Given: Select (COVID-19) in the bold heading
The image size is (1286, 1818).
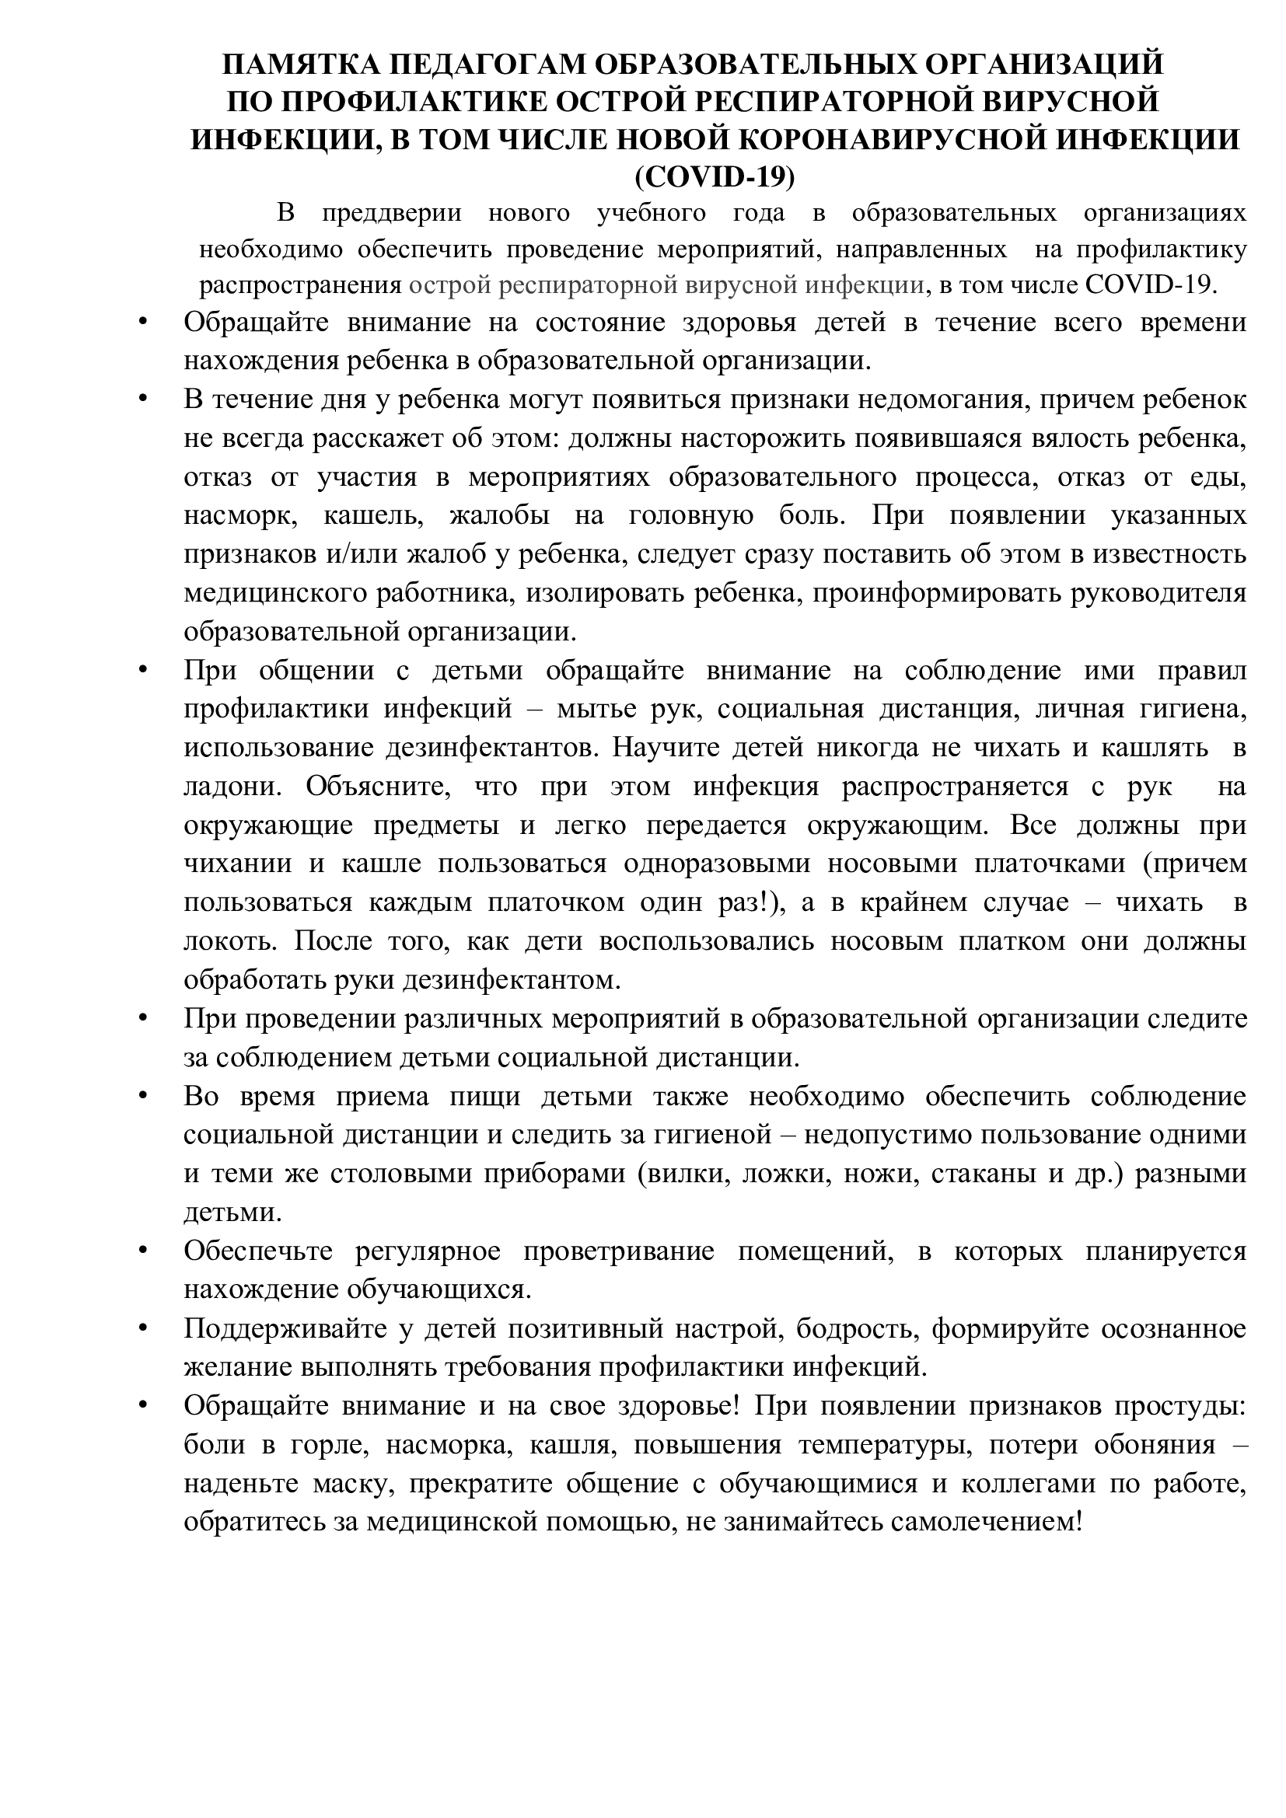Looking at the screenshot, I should coord(715,177).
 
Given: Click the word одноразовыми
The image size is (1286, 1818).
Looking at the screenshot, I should coord(717,864).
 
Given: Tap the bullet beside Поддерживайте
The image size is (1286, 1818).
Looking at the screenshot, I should coord(143,1327).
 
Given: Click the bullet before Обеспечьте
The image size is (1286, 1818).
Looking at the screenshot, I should coord(143,1250).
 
